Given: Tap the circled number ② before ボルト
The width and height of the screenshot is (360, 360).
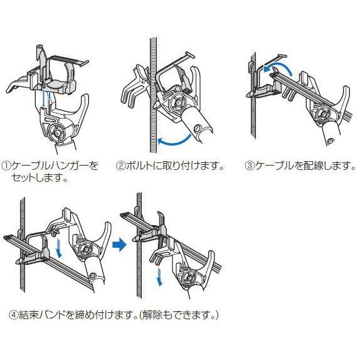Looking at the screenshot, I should click(x=121, y=167).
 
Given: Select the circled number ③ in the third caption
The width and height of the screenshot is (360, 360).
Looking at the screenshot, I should click(x=249, y=167).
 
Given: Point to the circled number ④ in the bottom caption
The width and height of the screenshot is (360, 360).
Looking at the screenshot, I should click(x=14, y=314).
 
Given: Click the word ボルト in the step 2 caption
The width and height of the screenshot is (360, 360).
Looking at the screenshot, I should click(x=139, y=167).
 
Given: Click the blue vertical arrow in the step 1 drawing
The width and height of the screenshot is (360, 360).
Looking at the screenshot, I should click(x=43, y=100).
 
